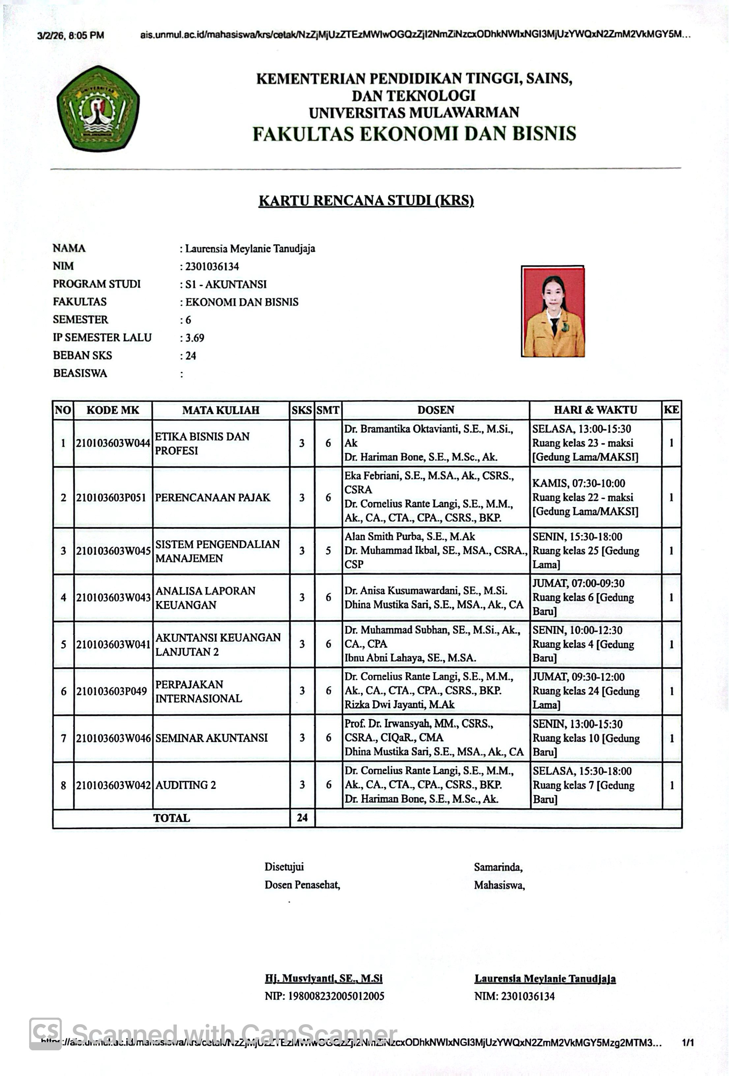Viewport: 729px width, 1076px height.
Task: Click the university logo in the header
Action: pyautogui.click(x=98, y=108)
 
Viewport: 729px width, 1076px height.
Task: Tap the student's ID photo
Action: pyautogui.click(x=553, y=312)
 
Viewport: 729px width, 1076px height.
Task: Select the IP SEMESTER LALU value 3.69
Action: pyautogui.click(x=194, y=338)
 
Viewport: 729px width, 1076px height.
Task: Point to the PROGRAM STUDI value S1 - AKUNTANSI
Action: pyautogui.click(x=225, y=284)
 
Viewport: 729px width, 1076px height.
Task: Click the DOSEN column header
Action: pyautogui.click(x=436, y=410)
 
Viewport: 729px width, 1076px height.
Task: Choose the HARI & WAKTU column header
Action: pyautogui.click(x=595, y=410)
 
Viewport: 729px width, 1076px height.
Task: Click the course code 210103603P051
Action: pyautogui.click(x=111, y=498)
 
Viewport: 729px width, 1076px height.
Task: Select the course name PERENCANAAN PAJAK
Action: pyautogui.click(x=213, y=498)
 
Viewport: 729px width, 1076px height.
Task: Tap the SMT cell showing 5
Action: pyautogui.click(x=328, y=551)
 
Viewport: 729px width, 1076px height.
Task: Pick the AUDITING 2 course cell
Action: pyautogui.click(x=186, y=785)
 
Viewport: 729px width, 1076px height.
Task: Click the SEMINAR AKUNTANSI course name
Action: pyautogui.click(x=212, y=738)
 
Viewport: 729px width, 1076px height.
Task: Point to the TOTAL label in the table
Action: pyautogui.click(x=172, y=818)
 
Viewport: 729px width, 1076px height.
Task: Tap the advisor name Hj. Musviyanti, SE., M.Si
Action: pyautogui.click(x=324, y=978)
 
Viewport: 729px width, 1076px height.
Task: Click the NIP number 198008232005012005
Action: pyautogui.click(x=324, y=996)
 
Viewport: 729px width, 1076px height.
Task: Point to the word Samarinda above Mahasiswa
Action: pyautogui.click(x=498, y=867)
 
